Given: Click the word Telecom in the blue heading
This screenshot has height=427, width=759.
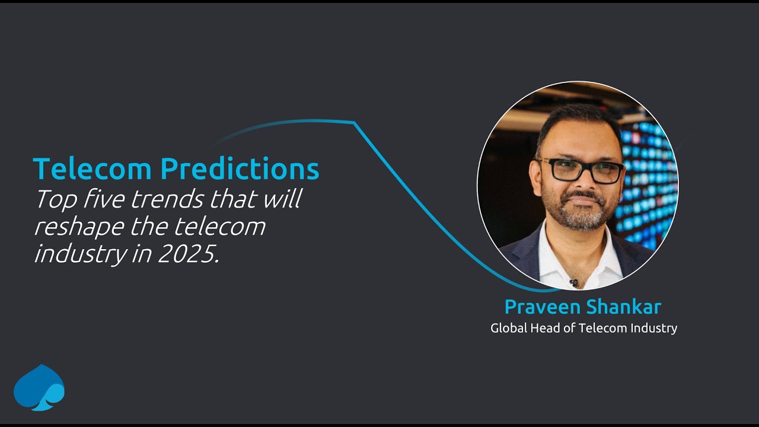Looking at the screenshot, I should click(93, 169).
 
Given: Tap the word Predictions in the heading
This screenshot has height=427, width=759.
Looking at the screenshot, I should click(240, 169).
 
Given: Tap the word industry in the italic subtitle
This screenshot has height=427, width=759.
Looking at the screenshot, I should click(79, 254).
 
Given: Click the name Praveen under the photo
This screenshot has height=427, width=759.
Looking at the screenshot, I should click(541, 307).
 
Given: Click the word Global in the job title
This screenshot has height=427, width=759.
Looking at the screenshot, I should click(508, 327).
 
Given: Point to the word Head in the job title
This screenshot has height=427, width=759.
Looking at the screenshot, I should click(544, 327).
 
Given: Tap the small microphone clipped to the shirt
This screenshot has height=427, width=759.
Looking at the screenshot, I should click(573, 282).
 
